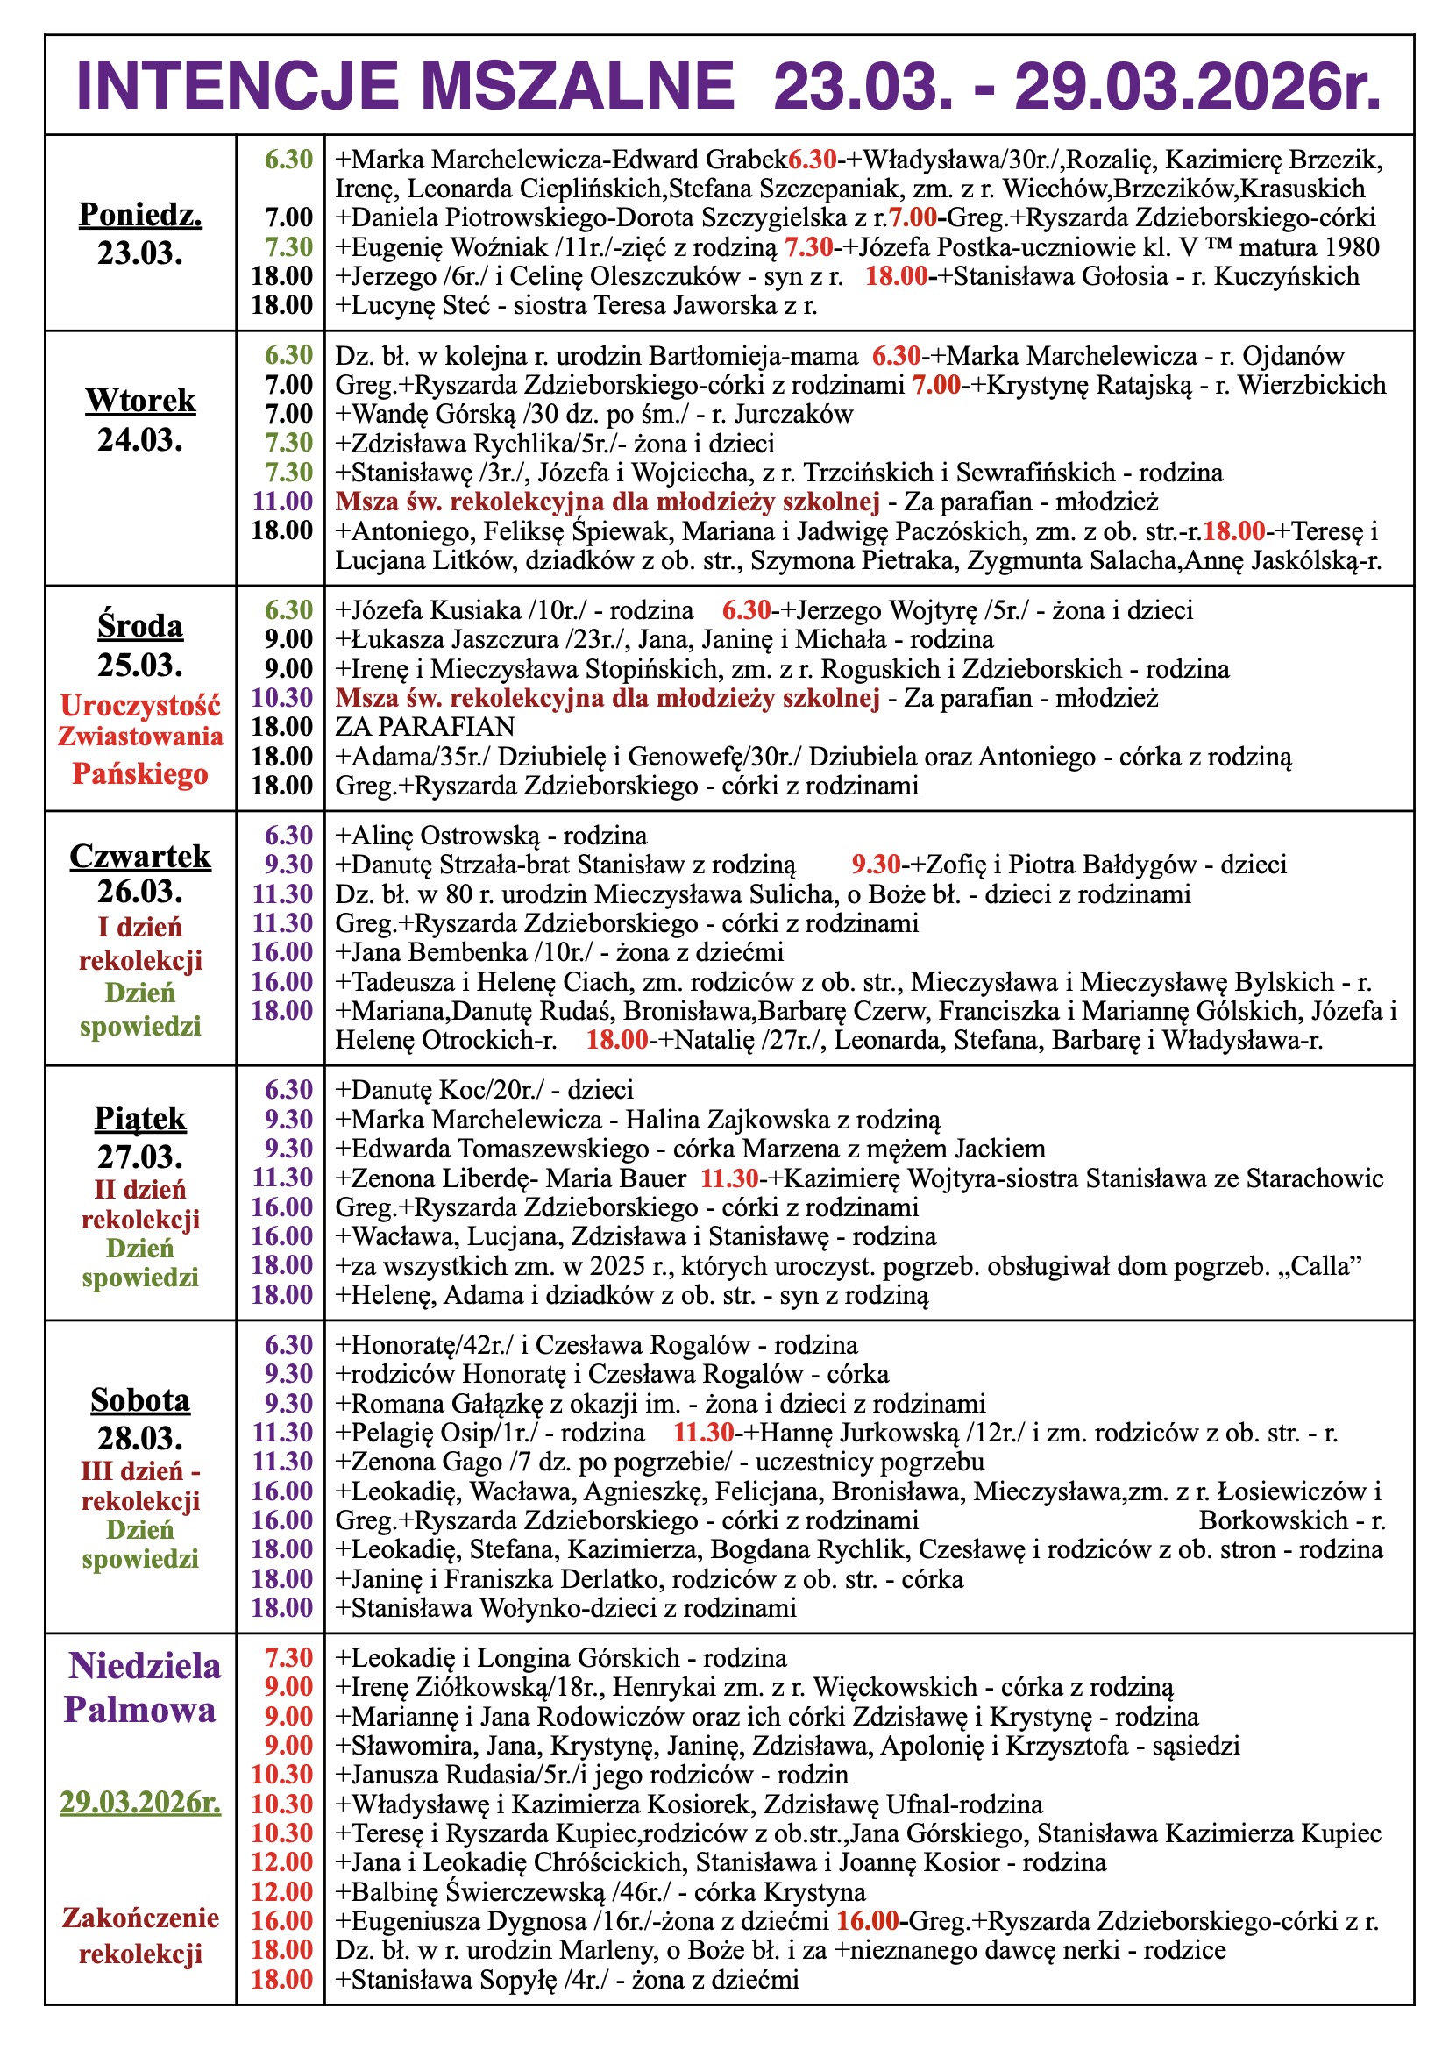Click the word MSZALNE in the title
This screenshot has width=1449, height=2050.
click(x=577, y=87)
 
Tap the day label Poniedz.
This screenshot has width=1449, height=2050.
click(x=140, y=214)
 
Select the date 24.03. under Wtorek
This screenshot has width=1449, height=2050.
click(x=140, y=439)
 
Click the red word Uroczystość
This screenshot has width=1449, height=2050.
click(x=140, y=705)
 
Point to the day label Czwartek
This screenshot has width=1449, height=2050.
click(x=140, y=857)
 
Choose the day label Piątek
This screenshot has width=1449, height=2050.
click(x=140, y=1119)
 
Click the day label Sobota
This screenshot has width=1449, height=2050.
click(x=140, y=1400)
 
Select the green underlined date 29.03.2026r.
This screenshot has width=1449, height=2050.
click(x=140, y=1803)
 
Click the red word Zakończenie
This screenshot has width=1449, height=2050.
click(x=140, y=1918)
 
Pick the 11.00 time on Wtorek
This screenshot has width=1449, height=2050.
click(x=282, y=501)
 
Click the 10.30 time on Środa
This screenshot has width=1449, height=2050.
click(x=282, y=697)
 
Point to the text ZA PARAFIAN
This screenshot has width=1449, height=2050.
click(x=425, y=727)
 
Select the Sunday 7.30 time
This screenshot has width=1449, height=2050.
click(x=289, y=1658)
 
